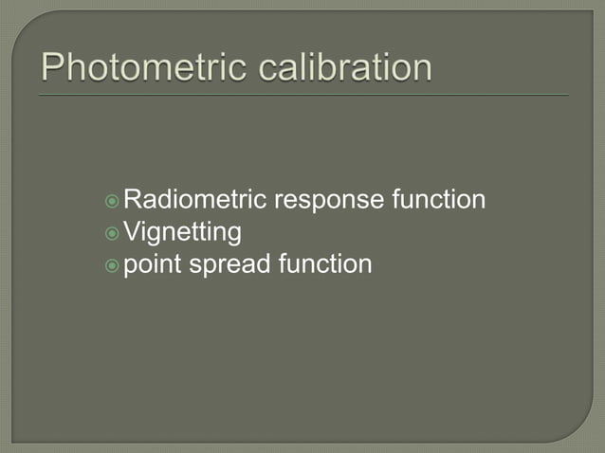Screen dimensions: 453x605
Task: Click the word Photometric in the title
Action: click(133, 68)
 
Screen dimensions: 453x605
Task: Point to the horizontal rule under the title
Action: click(303, 95)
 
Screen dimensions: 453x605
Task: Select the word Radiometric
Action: click(195, 200)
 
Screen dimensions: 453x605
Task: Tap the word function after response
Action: click(439, 200)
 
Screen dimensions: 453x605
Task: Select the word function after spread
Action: click(324, 263)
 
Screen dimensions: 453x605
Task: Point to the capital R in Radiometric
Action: click(133, 200)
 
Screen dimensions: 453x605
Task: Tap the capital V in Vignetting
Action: click(132, 231)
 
